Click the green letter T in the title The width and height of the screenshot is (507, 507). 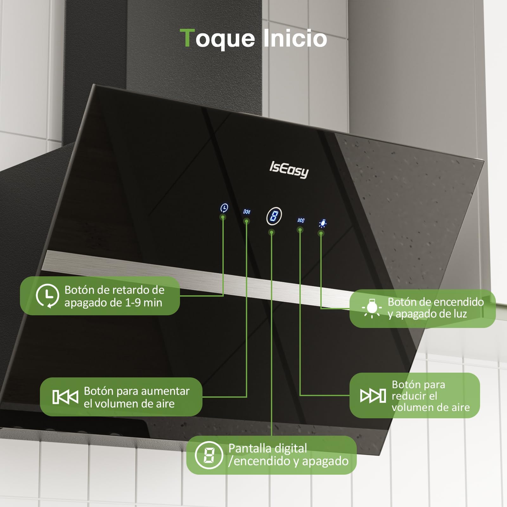point(188,38)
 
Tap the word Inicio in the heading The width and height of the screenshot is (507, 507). point(295,39)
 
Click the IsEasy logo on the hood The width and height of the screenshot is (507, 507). point(289,170)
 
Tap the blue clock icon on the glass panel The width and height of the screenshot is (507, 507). point(224,208)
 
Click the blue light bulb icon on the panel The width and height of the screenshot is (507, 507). point(323,224)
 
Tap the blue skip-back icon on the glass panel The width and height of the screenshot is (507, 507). point(247,212)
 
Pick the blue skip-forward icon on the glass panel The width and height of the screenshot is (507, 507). point(301,220)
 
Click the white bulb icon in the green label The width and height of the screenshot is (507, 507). point(372,308)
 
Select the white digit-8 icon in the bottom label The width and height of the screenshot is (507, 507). point(209,455)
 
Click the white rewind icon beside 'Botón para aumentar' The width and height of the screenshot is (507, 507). point(65,397)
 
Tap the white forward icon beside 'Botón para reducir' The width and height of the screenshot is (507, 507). point(373,395)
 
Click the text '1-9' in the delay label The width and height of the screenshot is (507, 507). point(133,303)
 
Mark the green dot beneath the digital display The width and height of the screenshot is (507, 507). point(272,233)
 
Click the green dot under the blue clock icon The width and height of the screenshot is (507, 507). point(223,217)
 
